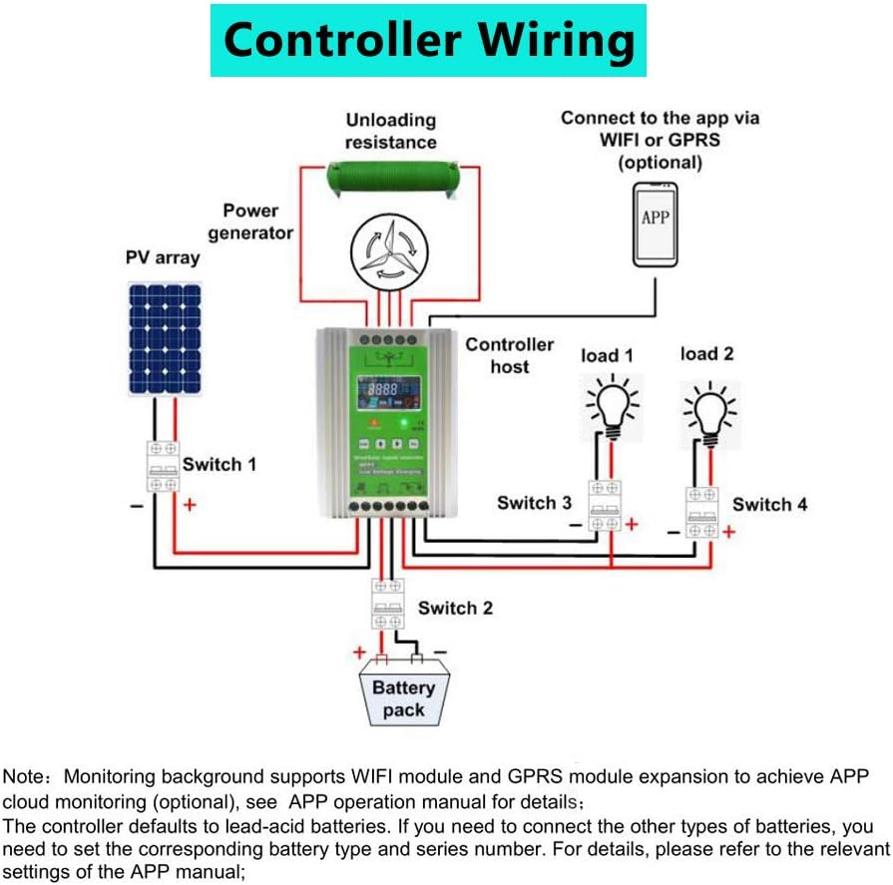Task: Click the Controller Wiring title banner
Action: click(428, 41)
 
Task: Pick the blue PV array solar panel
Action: click(164, 339)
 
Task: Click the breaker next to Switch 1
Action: click(163, 465)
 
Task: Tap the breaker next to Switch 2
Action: click(389, 604)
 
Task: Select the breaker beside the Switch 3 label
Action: click(604, 506)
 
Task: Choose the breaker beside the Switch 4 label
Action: click(701, 513)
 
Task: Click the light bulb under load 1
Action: click(611, 407)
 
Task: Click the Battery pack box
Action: click(403, 695)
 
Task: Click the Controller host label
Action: click(509, 355)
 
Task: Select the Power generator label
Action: click(250, 221)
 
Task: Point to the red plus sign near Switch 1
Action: click(189, 506)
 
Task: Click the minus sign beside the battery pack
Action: click(440, 652)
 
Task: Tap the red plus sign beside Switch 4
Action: click(728, 532)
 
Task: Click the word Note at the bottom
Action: click(22, 776)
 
